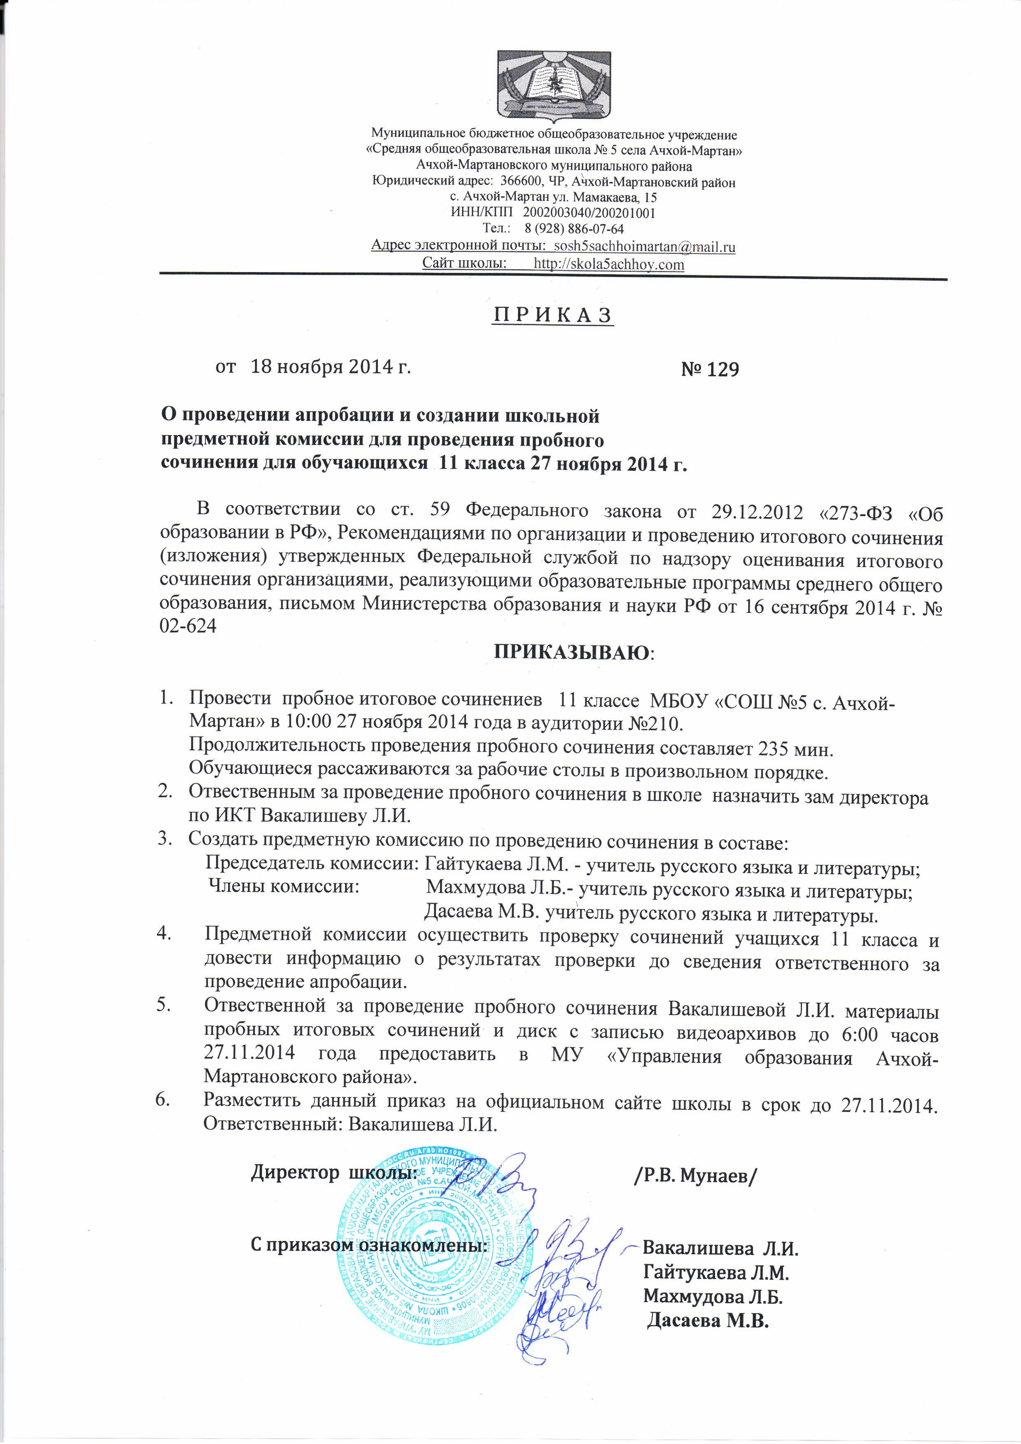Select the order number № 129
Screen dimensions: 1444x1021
(710, 369)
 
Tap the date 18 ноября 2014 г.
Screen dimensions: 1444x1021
(331, 367)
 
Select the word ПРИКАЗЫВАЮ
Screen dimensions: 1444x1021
(573, 652)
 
